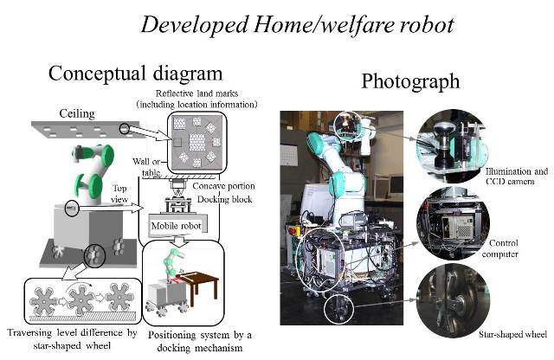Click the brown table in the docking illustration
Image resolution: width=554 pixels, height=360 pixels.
pos(206,278)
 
